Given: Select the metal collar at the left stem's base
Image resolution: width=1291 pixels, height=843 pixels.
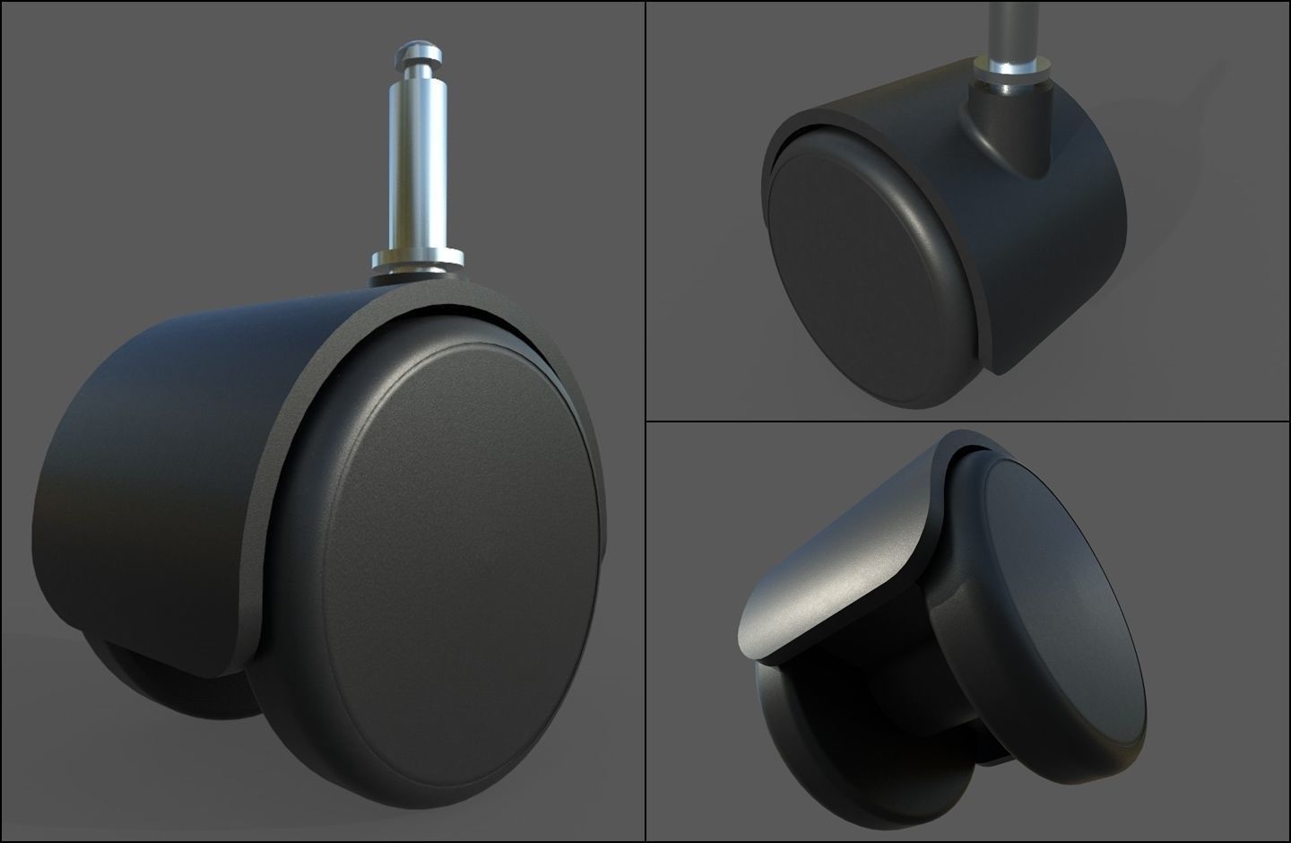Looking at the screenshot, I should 418,263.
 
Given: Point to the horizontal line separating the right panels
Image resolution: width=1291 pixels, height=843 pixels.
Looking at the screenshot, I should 968,421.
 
